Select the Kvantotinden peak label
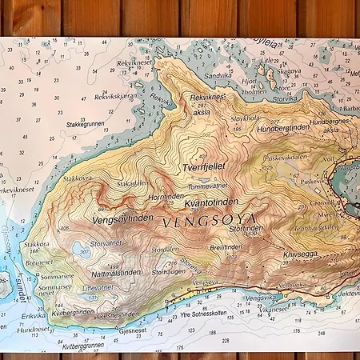pyautogui.click(x=211, y=202)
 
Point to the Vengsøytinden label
pyautogui.click(x=122, y=218)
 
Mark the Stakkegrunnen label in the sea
pyautogui.click(x=86, y=124)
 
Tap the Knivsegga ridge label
pyautogui.click(x=299, y=254)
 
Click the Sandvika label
pyautogui.click(x=217, y=76)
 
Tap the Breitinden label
pyautogui.click(x=226, y=247)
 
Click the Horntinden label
pyautogui.click(x=166, y=196)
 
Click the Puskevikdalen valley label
pyautogui.click(x=286, y=158)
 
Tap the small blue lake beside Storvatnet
pyautogui.click(x=82, y=250)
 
